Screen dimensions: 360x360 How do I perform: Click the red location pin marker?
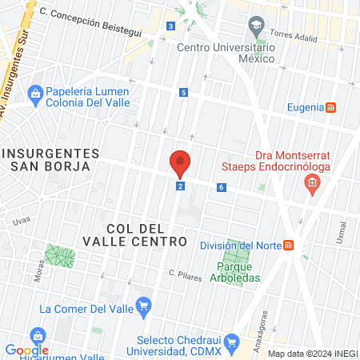tap(180, 163)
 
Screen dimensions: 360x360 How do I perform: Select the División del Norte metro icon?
tap(289, 245)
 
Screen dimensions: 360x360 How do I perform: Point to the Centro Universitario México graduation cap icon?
tap(256, 28)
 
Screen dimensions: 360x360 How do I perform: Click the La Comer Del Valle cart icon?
tap(144, 305)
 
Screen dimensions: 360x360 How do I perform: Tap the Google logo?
tap(26, 350)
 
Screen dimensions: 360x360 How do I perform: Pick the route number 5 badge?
tap(184, 93)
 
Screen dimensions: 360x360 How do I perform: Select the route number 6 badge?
tap(221, 187)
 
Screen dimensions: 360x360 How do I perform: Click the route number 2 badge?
tap(181, 186)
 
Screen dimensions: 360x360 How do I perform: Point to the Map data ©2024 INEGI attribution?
tap(312, 354)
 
